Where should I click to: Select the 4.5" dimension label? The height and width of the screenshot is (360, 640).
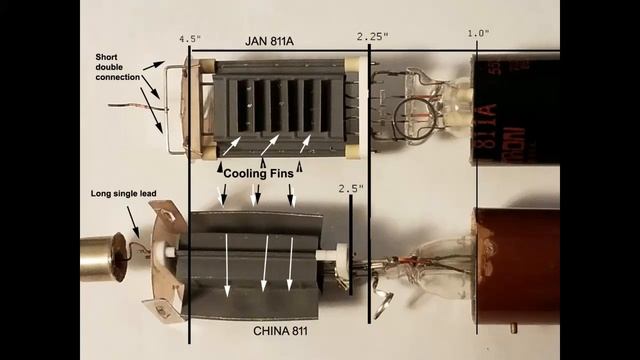[x=190, y=39]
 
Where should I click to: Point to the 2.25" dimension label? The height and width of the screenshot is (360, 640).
[x=372, y=36]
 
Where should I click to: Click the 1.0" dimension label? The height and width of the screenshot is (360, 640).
[x=478, y=33]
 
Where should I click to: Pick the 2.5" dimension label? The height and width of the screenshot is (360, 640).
[x=351, y=188]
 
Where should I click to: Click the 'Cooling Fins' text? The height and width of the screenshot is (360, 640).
[x=257, y=173]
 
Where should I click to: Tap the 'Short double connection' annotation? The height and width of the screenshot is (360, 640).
[x=117, y=69]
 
